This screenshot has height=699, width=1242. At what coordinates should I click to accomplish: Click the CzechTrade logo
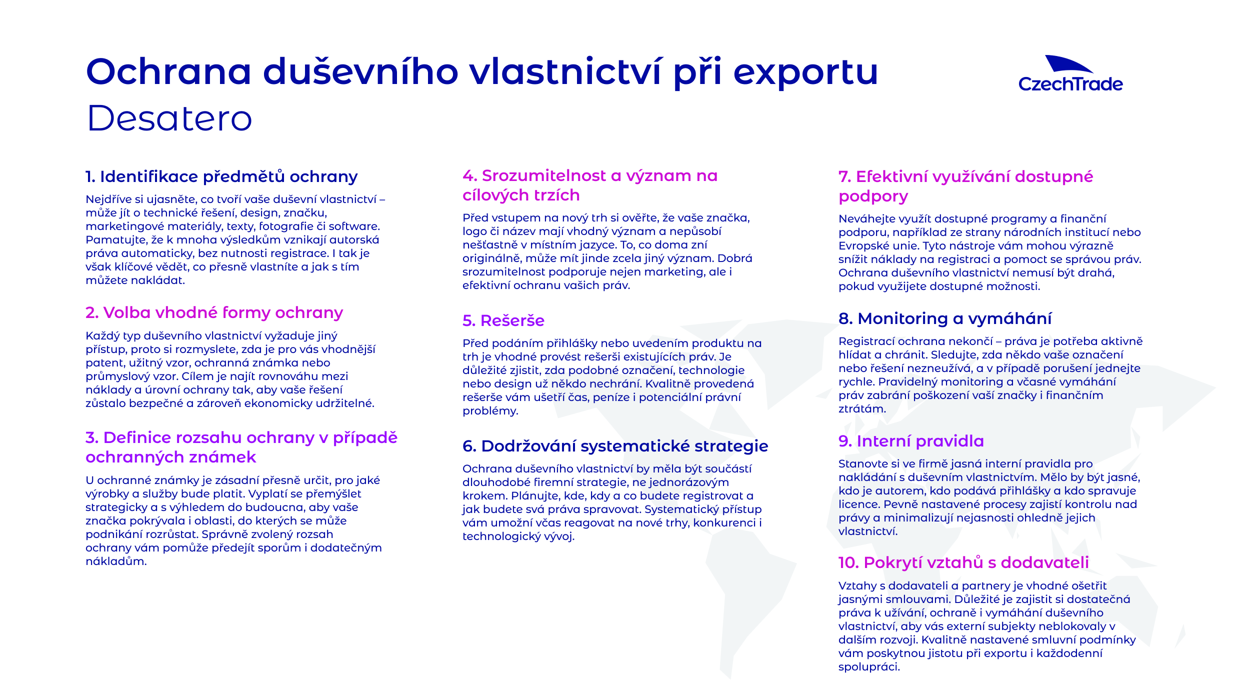1070,74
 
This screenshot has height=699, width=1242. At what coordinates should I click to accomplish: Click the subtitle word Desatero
169,118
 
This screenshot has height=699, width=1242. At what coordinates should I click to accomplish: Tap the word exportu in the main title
805,73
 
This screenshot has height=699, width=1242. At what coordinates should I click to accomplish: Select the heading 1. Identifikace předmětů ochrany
221,176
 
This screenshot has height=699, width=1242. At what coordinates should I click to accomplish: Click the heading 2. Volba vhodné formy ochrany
214,312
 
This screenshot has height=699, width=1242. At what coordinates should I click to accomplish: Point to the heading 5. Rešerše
503,320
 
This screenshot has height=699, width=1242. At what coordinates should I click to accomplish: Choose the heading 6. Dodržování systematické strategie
615,446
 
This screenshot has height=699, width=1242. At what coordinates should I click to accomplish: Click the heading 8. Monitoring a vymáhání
945,318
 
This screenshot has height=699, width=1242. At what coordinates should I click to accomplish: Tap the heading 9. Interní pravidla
911,441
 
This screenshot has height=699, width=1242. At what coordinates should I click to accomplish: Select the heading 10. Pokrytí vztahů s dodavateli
963,562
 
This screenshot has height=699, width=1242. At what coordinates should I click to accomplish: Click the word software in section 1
353,226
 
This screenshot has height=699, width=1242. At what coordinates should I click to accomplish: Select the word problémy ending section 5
489,411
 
